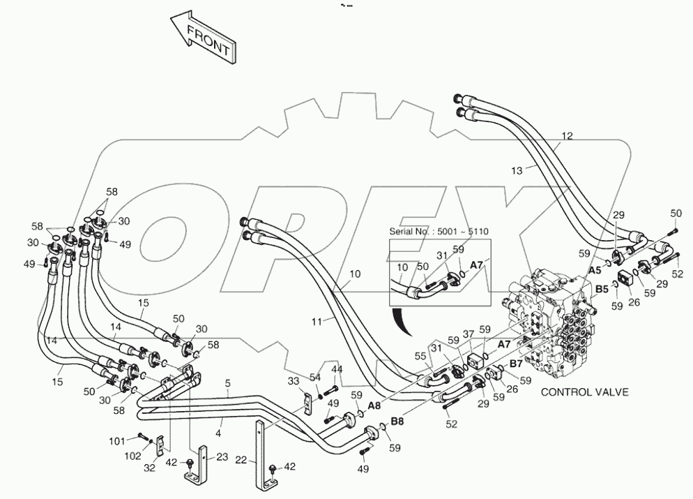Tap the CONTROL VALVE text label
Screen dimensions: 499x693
tap(585, 392)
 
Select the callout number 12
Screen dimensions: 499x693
tap(567, 137)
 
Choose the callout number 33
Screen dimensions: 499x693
tap(294, 381)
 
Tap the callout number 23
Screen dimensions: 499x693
tap(222, 458)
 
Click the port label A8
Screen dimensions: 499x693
tap(374, 404)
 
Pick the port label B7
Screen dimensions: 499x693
tap(516, 363)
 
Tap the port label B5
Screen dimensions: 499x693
tap(602, 288)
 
